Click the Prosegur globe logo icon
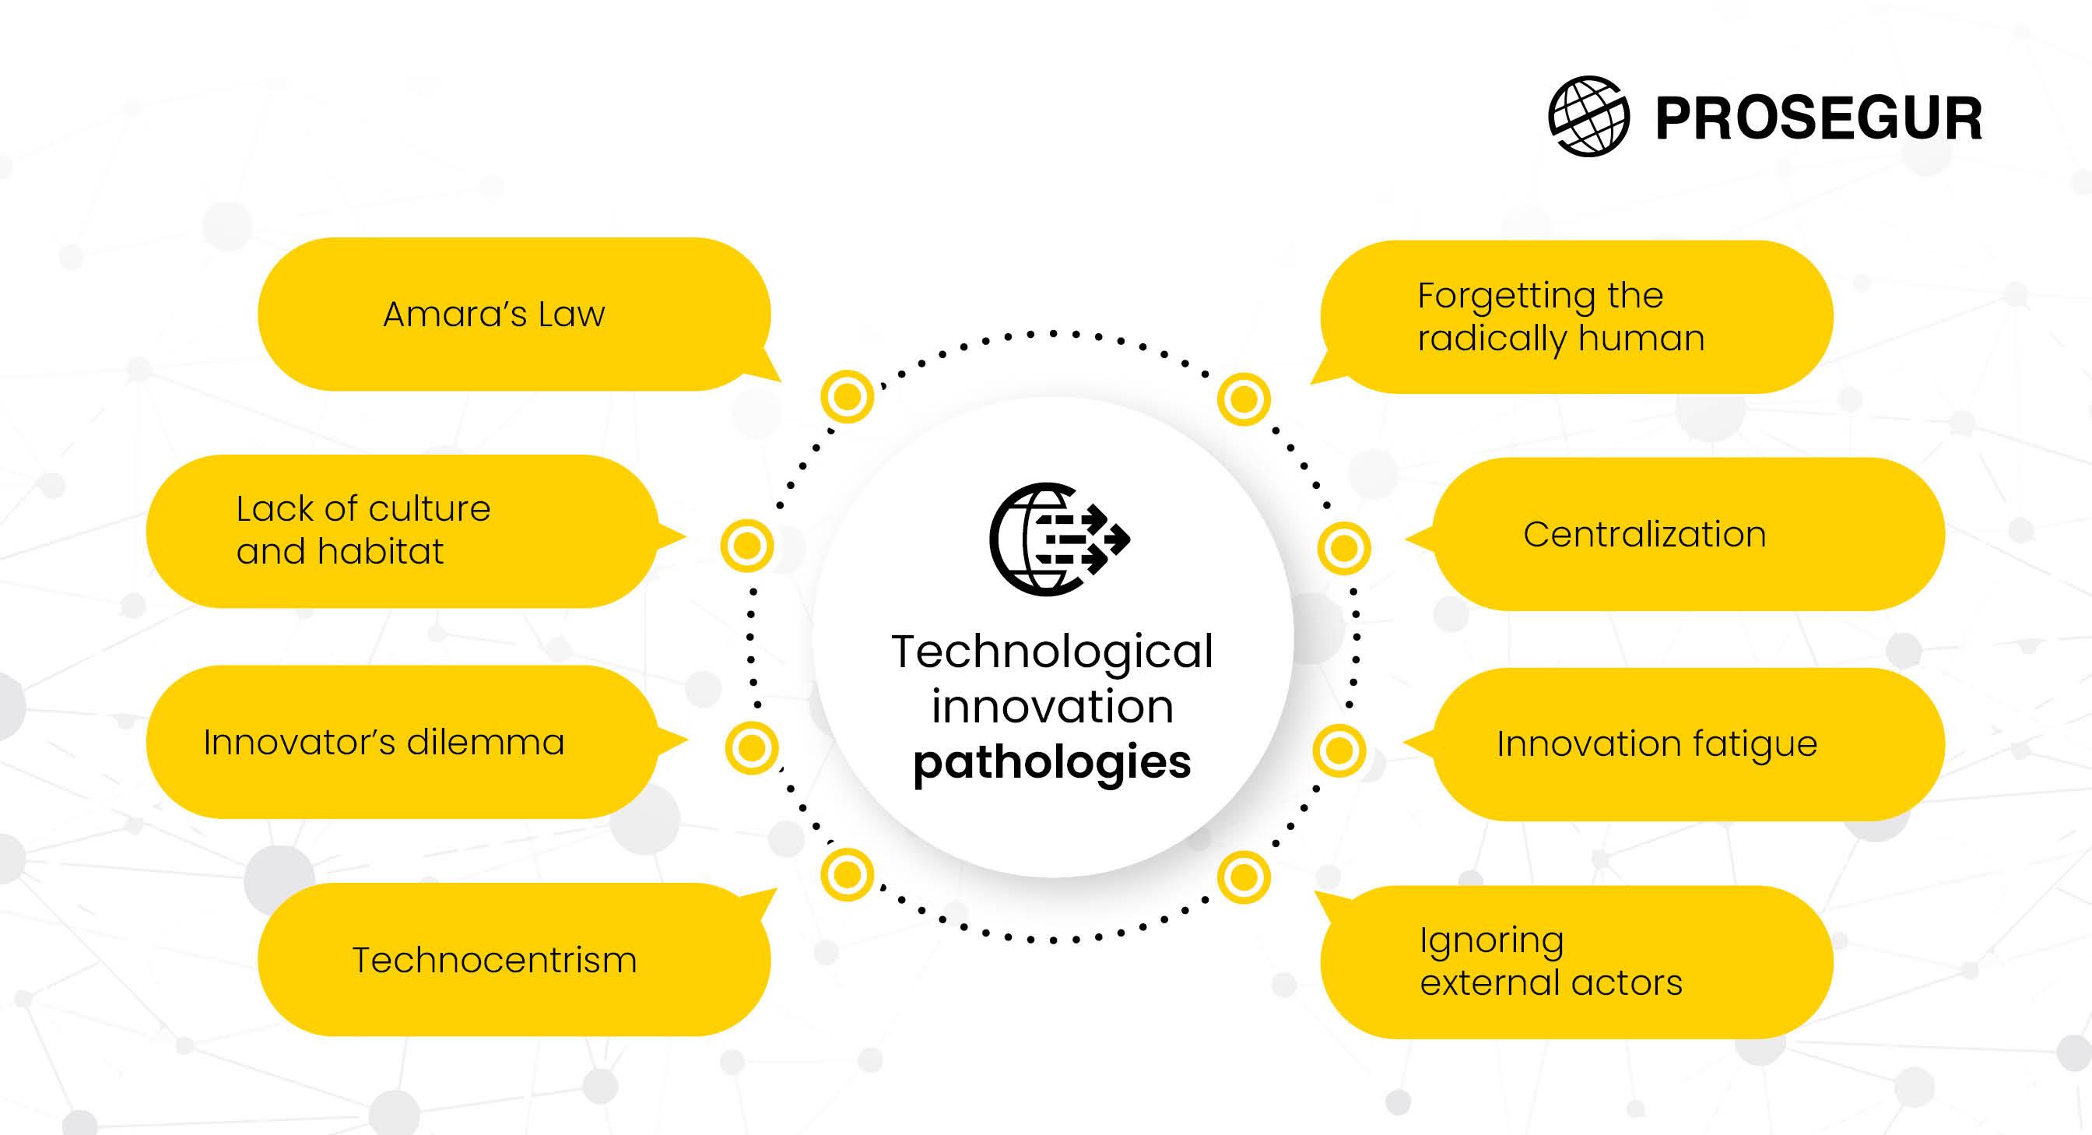[x=1588, y=116]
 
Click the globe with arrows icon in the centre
[x=1059, y=539]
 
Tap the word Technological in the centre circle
[x=1052, y=652]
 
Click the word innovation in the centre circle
[x=1052, y=707]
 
